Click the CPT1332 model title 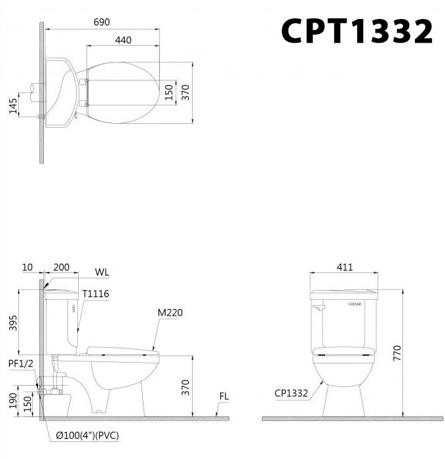coord(357,31)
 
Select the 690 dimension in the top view coord(102,22)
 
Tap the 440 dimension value coord(123,40)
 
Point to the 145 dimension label coord(13,106)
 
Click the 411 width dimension coord(345,267)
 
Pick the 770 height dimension coord(397,353)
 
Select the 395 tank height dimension coord(13,323)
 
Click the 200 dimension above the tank coord(62,267)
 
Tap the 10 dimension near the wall coord(28,267)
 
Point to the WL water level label coord(102,272)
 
